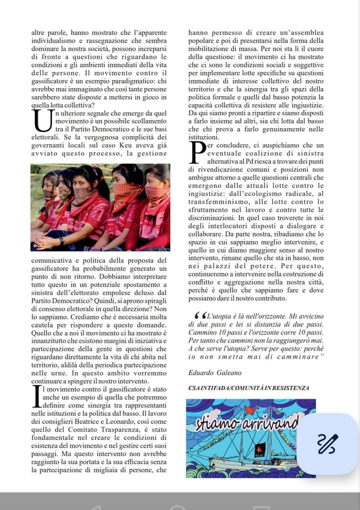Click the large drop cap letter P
coord(198,152)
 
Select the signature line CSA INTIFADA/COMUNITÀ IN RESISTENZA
coord(249,388)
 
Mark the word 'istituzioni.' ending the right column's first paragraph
coord(203,136)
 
